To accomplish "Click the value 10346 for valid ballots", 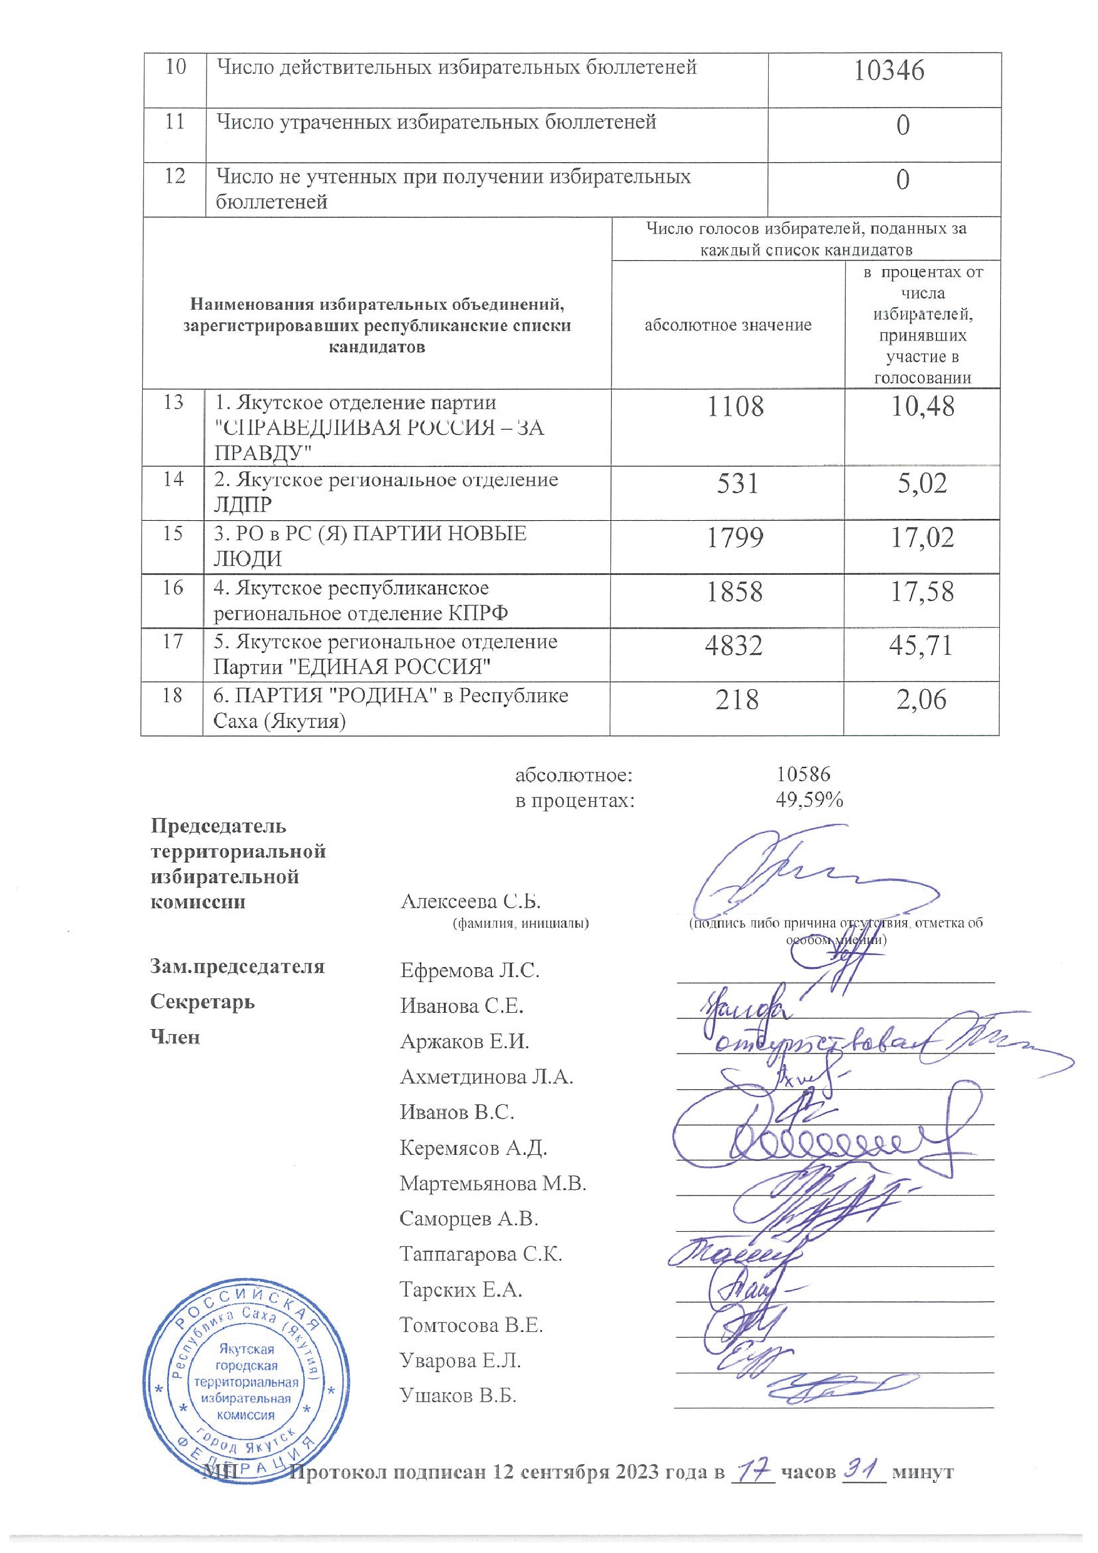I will tap(888, 71).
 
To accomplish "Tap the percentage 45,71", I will tap(921, 645).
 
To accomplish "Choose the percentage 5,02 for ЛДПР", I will tap(921, 484).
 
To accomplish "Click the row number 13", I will tap(173, 403).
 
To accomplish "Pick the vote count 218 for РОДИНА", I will tap(737, 699).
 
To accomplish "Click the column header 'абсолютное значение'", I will tap(727, 325).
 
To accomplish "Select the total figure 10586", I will tap(803, 774).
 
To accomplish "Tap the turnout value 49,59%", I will tap(809, 801).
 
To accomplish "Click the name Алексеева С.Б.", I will tap(471, 901).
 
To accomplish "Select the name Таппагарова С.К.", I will tap(480, 1254).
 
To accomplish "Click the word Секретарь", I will tap(202, 1002).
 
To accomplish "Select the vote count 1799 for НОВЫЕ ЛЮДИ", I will tap(735, 538).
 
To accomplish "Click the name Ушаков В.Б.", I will tap(458, 1395).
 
